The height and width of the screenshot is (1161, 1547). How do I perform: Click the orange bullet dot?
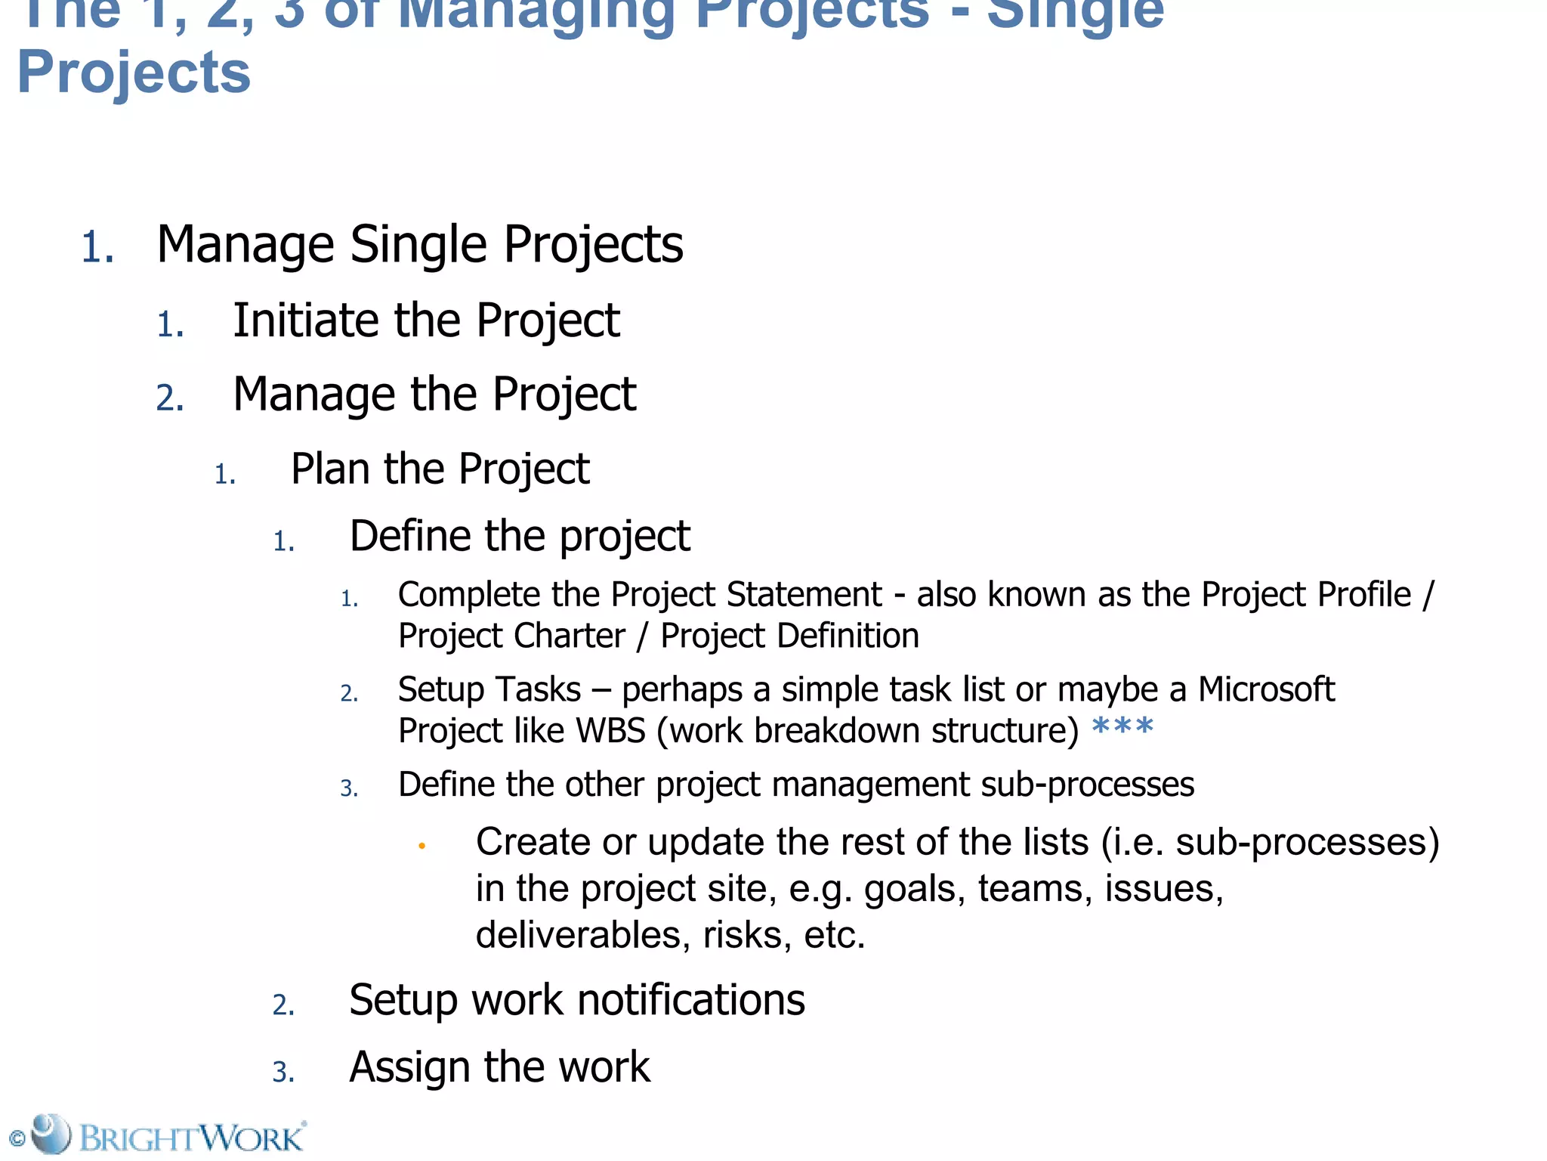coord(422,846)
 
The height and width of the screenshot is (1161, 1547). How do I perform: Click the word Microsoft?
coord(1266,689)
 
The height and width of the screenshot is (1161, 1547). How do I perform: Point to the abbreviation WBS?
coord(610,731)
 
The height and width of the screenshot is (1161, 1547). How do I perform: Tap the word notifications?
coord(691,1000)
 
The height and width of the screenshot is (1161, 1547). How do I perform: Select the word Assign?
coord(409,1067)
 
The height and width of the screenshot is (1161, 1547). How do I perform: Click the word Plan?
coord(331,469)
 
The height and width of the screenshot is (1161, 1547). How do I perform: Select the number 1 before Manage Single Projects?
coord(97,248)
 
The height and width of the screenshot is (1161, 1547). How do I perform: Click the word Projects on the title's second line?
coord(134,73)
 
